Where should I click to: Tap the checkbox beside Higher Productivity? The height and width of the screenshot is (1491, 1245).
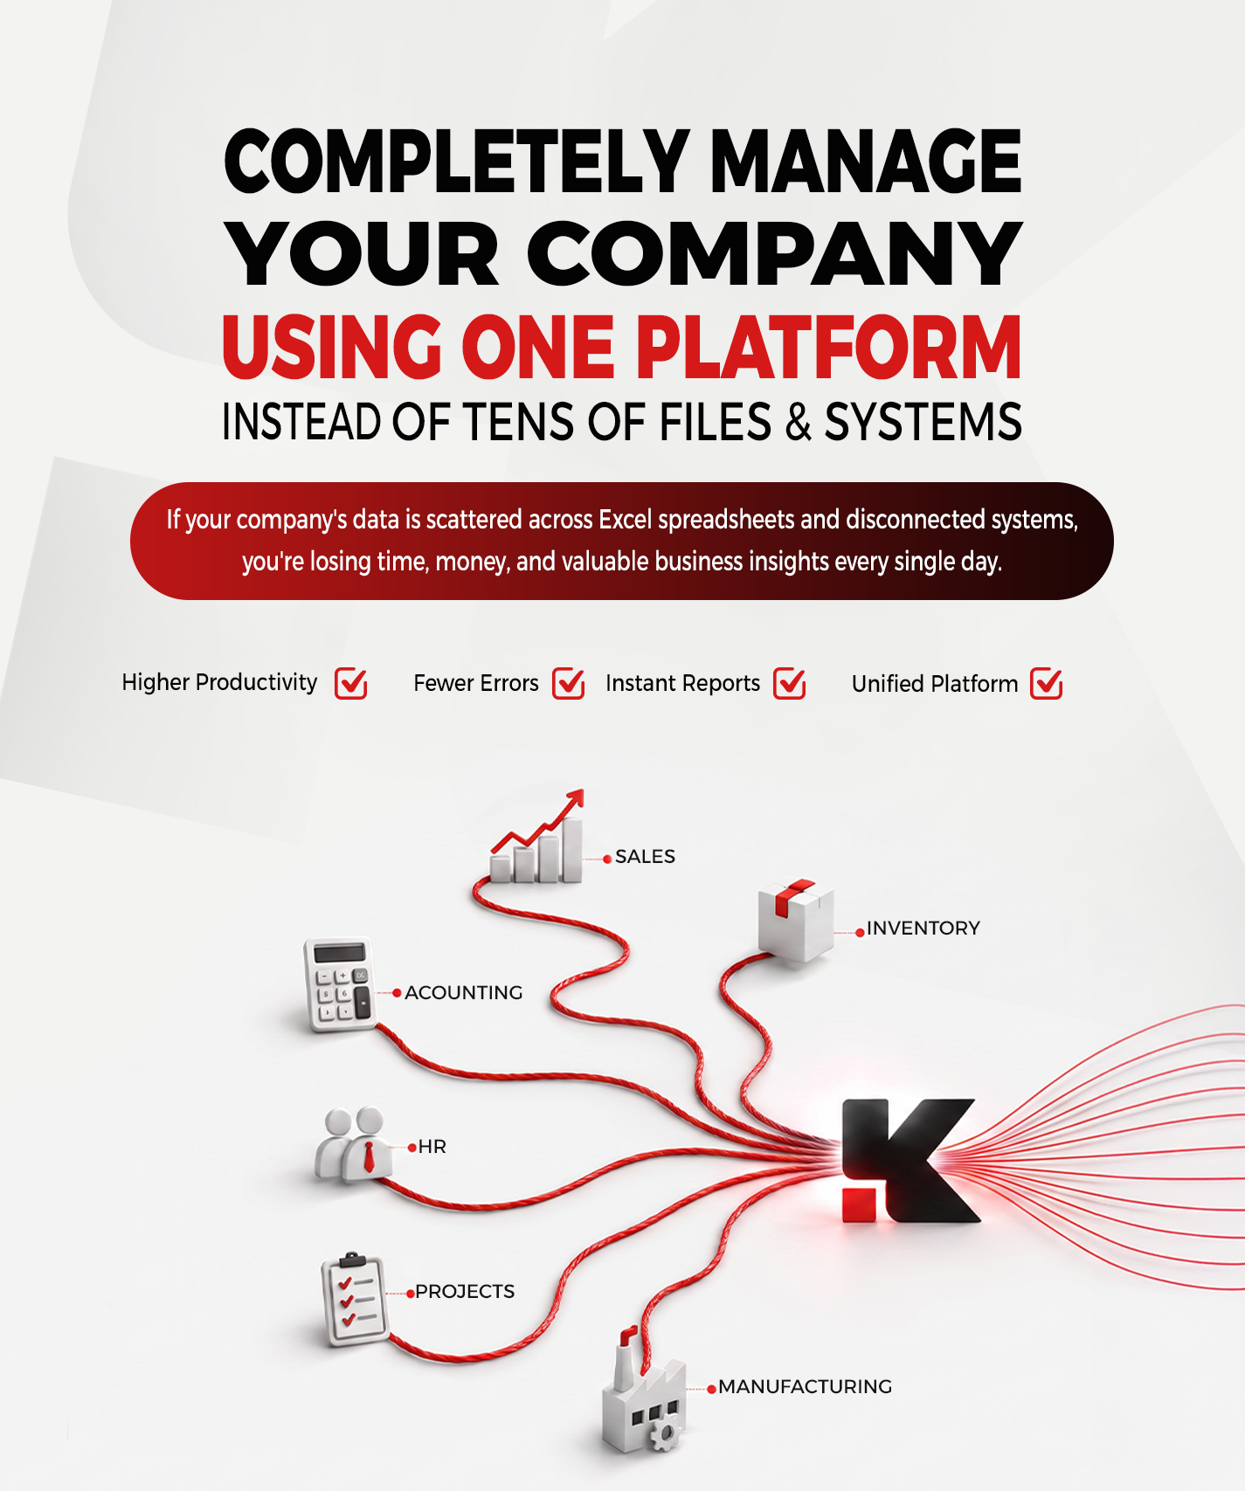(x=351, y=683)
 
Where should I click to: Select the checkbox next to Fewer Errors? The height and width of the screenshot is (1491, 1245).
(x=569, y=683)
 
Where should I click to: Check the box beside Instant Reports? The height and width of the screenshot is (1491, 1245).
(x=790, y=683)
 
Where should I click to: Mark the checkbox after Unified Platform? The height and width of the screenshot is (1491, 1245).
(x=1047, y=683)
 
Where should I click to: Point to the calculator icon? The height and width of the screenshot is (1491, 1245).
(x=338, y=984)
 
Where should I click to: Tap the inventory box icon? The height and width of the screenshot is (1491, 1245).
(x=795, y=920)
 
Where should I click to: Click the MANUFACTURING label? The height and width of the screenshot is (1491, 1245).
(x=806, y=1386)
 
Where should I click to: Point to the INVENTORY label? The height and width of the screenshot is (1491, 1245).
(x=923, y=928)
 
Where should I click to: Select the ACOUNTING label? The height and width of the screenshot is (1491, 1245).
(x=464, y=992)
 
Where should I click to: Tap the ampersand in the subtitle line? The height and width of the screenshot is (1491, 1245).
(x=798, y=422)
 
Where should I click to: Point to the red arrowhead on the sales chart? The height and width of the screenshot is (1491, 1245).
(x=573, y=799)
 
